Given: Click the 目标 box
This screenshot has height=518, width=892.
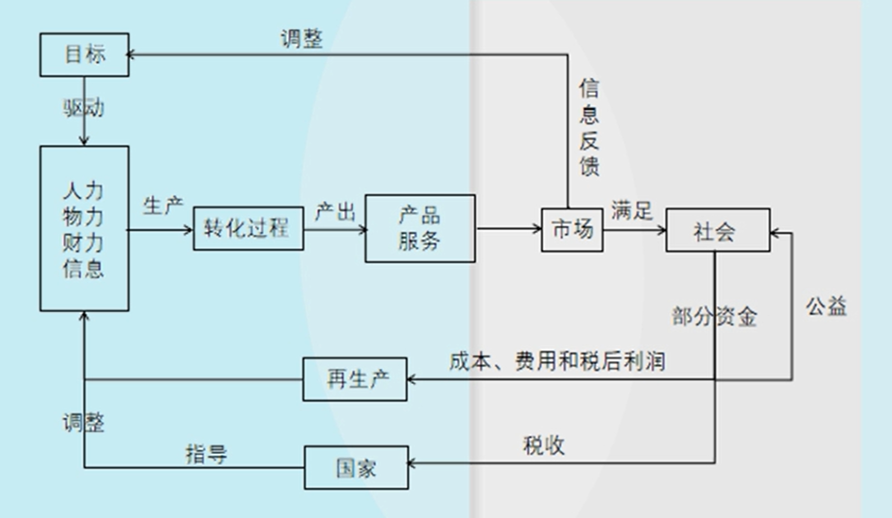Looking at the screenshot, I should tap(84, 55).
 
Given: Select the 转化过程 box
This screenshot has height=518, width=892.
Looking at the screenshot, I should tap(248, 228).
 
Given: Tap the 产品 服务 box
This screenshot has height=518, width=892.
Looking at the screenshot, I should tap(420, 228).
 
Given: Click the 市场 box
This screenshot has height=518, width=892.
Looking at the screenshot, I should tap(572, 230).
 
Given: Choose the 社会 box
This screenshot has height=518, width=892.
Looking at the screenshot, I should tap(718, 230).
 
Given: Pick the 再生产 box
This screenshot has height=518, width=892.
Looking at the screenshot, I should tap(355, 379).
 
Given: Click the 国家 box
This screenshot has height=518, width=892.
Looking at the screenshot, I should tap(356, 468).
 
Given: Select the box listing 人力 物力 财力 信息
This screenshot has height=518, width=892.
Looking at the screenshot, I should tap(84, 228).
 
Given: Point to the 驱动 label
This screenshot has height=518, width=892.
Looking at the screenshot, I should tap(84, 108).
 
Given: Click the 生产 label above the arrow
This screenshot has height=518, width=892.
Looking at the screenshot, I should tap(163, 206).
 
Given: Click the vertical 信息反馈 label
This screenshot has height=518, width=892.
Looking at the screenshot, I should tap(589, 128).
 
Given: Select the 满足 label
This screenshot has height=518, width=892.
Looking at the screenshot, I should tap(632, 211).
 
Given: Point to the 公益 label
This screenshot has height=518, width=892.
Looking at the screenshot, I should tap(826, 306).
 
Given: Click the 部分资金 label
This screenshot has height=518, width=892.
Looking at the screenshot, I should tap(714, 316).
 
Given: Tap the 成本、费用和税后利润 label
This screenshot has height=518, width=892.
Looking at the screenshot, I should tap(557, 361).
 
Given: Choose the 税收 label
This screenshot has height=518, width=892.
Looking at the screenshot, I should tap(544, 445).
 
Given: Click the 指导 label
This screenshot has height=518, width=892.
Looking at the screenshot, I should tap(206, 454).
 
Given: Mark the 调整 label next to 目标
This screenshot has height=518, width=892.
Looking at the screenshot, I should tap(302, 39).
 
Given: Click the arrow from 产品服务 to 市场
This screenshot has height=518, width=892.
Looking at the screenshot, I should tap(508, 228).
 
